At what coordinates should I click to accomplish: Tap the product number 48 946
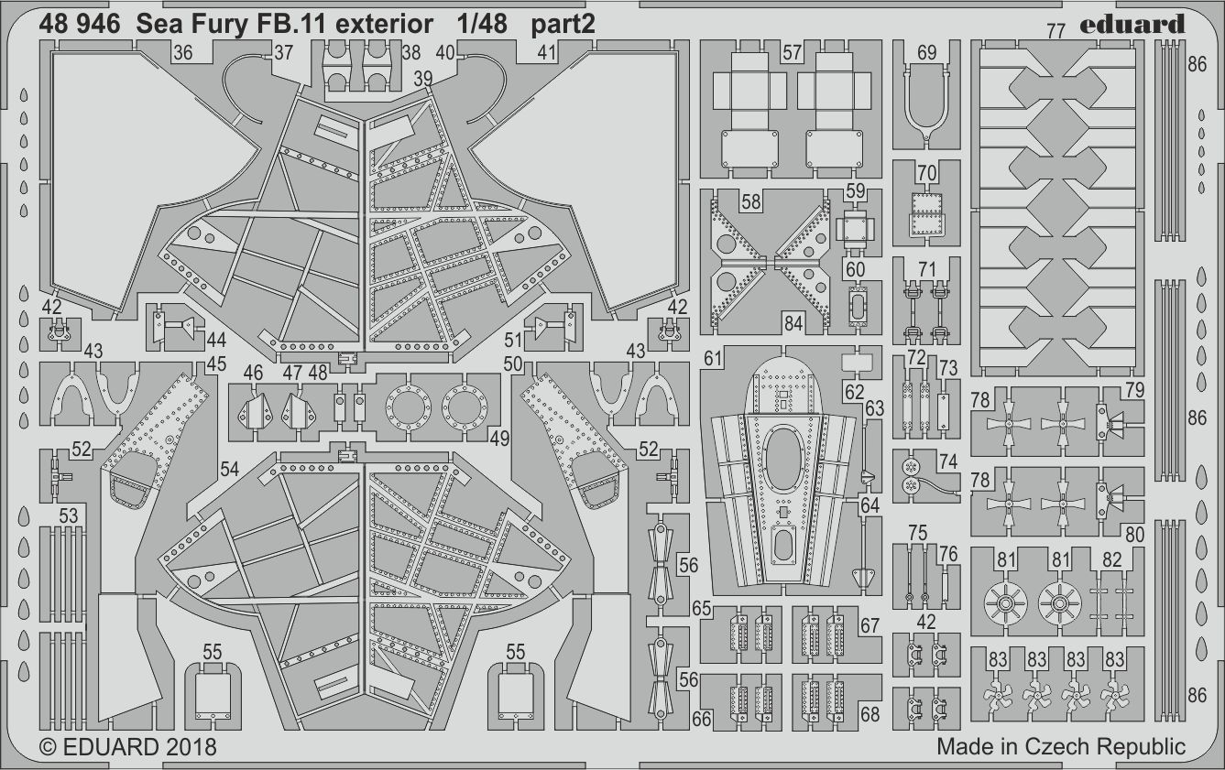(80, 25)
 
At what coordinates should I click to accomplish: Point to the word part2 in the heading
(563, 25)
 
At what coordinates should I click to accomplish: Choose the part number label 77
(1055, 31)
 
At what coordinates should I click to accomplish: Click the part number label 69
(926, 53)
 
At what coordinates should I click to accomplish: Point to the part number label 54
(229, 469)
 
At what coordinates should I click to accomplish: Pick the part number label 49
(499, 439)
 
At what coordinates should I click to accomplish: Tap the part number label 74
(947, 462)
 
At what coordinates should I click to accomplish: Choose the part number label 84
(793, 322)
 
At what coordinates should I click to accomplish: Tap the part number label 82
(1111, 559)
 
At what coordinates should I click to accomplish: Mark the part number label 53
(69, 516)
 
